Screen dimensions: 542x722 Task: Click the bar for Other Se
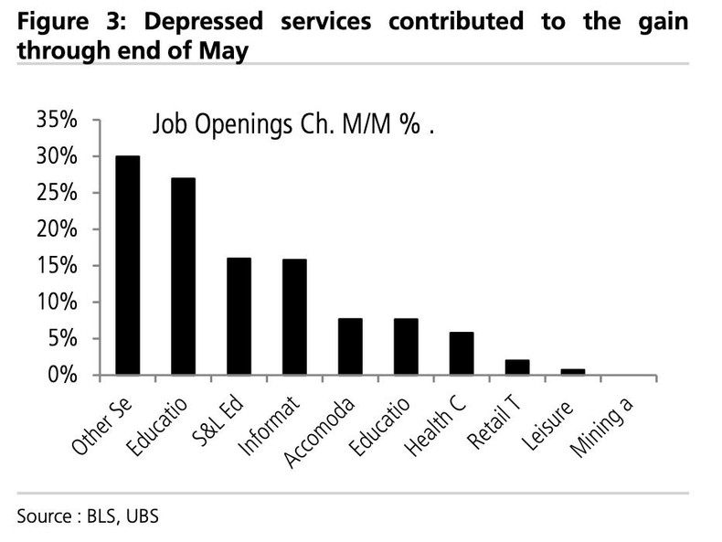[127, 265]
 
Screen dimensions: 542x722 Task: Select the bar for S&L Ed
[239, 316]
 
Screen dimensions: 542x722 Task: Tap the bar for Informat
[294, 317]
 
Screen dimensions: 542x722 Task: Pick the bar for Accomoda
[350, 346]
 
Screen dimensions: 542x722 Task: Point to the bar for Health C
[462, 354]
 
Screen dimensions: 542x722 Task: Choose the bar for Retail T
[517, 367]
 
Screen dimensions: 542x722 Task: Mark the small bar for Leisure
[573, 372]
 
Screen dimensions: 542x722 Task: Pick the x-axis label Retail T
[491, 422]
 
